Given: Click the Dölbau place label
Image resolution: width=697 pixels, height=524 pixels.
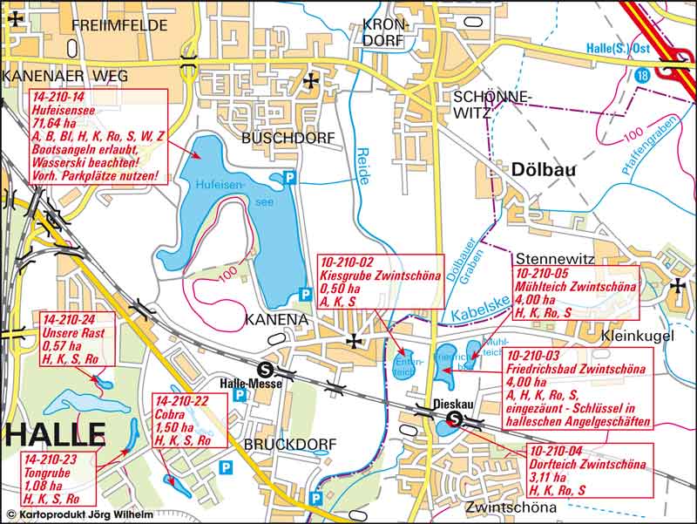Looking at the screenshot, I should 532,171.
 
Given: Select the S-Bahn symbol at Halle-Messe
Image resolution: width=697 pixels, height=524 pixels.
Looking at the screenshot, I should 274,368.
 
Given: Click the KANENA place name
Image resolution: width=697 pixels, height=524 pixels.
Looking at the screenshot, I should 276,319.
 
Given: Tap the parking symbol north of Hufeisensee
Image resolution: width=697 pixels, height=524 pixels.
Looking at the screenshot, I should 292,178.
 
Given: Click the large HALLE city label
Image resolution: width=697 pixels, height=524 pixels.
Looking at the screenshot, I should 54,433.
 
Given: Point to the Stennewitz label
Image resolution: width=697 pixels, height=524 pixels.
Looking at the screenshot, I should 554,258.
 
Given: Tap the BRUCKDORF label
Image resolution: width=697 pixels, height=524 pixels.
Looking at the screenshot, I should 289,445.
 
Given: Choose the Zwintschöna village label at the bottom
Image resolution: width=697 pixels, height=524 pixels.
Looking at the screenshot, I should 511,507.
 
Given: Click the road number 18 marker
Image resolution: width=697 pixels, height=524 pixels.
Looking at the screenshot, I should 642,77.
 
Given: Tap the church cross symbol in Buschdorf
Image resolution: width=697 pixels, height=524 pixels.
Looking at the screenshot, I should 311,81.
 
